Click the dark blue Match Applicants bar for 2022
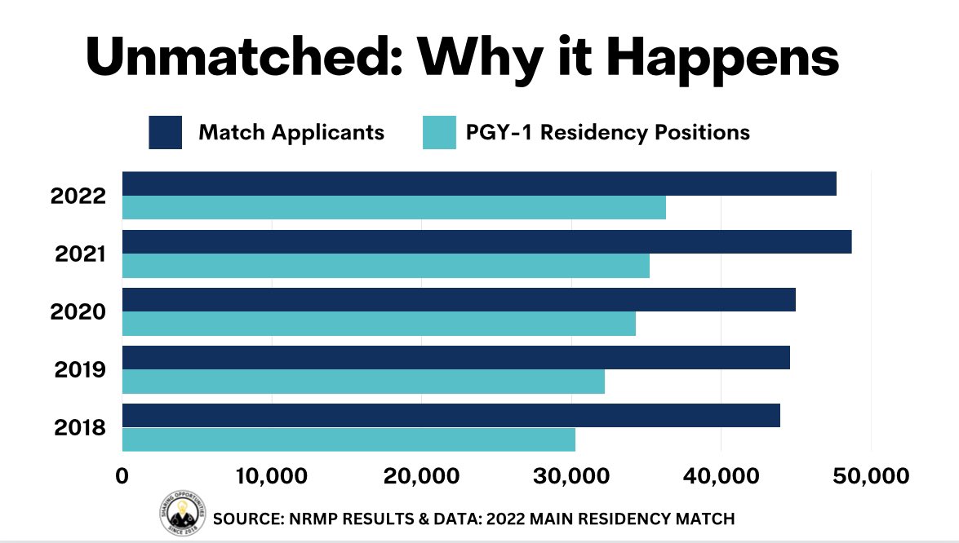[x=480, y=183]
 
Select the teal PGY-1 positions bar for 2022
[x=394, y=208]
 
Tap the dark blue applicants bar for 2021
[x=486, y=242]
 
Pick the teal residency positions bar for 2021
[x=386, y=266]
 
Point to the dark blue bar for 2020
[x=459, y=300]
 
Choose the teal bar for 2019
[x=363, y=382]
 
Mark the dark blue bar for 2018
[x=451, y=415]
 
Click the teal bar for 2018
[x=349, y=439]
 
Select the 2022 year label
[x=78, y=196]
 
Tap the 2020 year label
[x=78, y=312]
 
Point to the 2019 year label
[x=80, y=369]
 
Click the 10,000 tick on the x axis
[x=272, y=476]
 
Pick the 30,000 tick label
[x=571, y=476]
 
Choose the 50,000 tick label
[x=871, y=476]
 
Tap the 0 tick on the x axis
[x=122, y=476]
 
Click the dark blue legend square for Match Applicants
[x=165, y=133]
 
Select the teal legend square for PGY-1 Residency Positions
[x=439, y=133]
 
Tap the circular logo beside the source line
[x=182, y=513]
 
